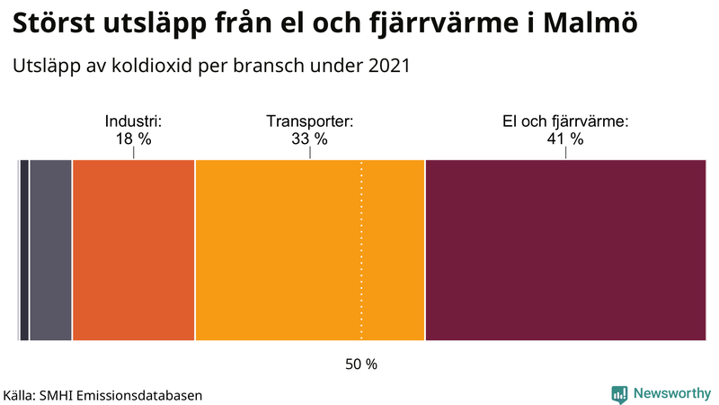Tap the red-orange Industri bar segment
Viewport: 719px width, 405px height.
[x=133, y=250]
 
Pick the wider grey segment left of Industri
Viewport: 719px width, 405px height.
[x=50, y=250]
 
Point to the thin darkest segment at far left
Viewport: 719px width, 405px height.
[x=24, y=250]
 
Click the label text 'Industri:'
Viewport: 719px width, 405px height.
[x=133, y=121]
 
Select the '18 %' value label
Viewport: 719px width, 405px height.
[x=133, y=139]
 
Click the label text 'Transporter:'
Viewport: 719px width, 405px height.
[x=309, y=121]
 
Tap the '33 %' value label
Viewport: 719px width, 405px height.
[x=309, y=139]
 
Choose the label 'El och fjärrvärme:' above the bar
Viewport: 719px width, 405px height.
[x=564, y=121]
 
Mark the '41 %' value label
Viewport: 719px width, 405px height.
[x=564, y=139]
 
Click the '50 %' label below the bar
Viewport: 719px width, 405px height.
[x=361, y=364]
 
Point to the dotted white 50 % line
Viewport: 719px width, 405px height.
[x=361, y=270]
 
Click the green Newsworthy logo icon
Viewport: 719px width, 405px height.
[x=619, y=393]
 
